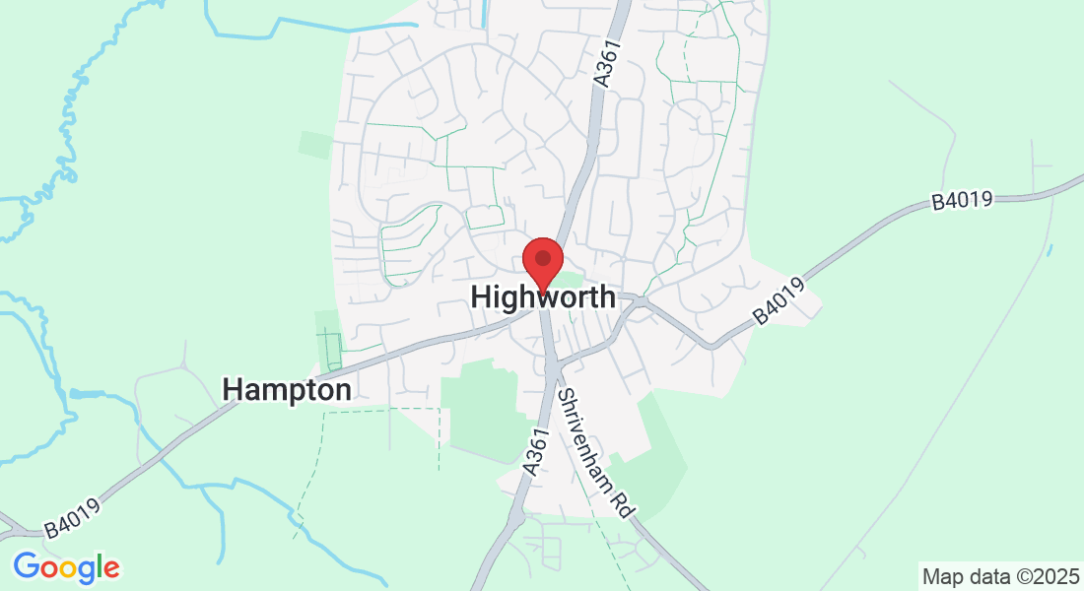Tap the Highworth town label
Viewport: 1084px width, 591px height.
coord(543,296)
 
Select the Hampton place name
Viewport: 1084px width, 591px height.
coord(287,390)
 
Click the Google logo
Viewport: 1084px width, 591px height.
coord(66,567)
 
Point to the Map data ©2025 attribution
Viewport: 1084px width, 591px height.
coord(999,575)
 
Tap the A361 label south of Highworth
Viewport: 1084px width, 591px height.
coord(535,452)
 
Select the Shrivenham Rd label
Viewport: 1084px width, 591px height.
coord(595,452)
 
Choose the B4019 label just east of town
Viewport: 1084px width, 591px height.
coord(779,301)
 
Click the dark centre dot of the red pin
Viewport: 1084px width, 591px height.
coord(542,258)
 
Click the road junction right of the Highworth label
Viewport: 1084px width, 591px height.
coord(641,300)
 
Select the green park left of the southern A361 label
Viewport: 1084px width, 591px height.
coord(484,409)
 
